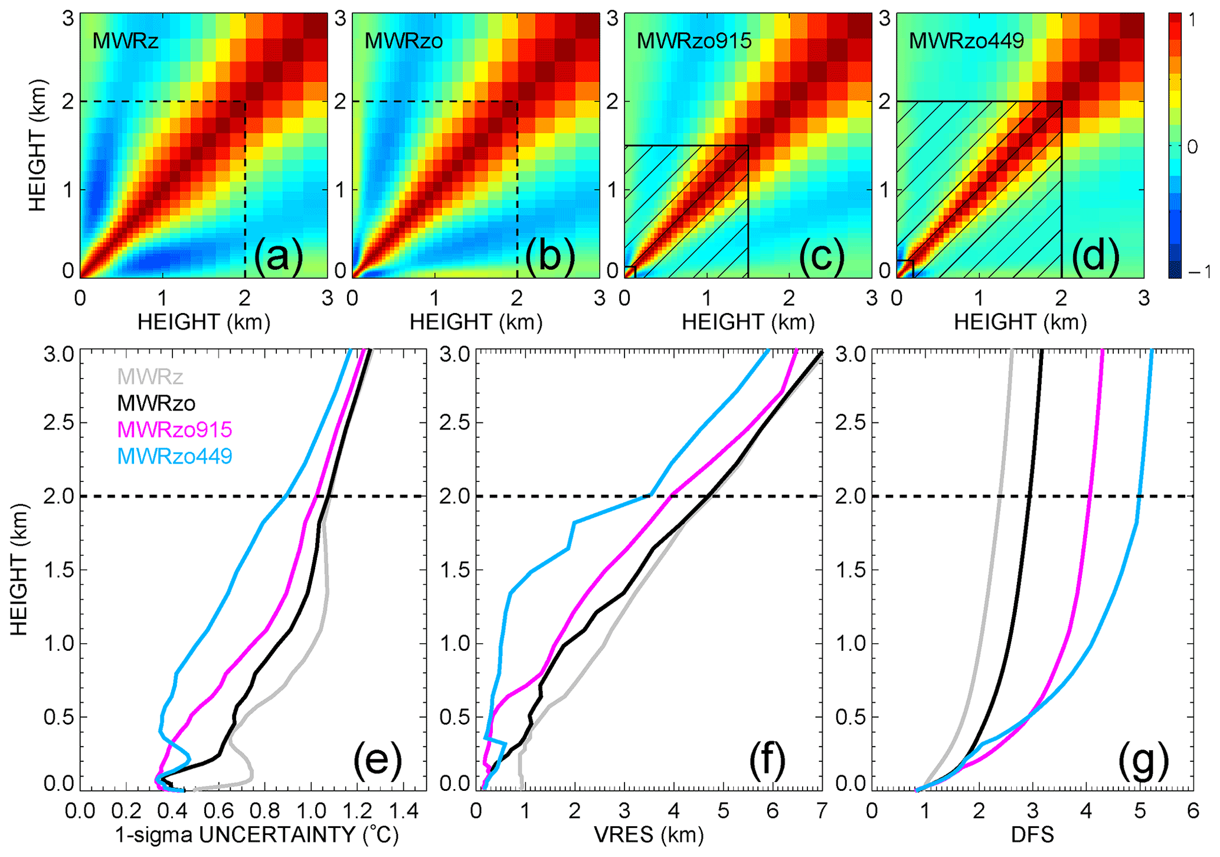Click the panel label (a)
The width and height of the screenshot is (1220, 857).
(278, 258)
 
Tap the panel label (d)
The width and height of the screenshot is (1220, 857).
(1095, 258)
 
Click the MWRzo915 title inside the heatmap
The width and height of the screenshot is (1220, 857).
(694, 41)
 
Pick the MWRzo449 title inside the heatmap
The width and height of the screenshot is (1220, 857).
(966, 41)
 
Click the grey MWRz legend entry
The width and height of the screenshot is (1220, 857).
(150, 376)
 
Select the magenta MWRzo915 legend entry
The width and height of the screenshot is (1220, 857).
(175, 429)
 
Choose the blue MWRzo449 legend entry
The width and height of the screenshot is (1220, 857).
(175, 456)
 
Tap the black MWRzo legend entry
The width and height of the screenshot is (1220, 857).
(156, 403)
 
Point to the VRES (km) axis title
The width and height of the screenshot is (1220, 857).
(649, 835)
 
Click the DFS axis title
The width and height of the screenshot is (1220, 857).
(1032, 835)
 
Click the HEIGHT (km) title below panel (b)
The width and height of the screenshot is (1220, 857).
(476, 322)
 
